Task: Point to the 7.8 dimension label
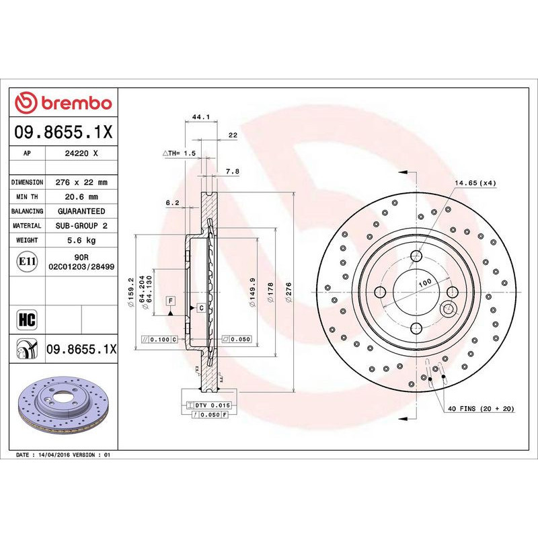click(x=232, y=172)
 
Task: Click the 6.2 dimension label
click(x=171, y=202)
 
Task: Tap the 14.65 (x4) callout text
click(x=475, y=183)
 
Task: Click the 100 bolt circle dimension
click(x=424, y=284)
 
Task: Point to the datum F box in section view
click(x=171, y=300)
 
